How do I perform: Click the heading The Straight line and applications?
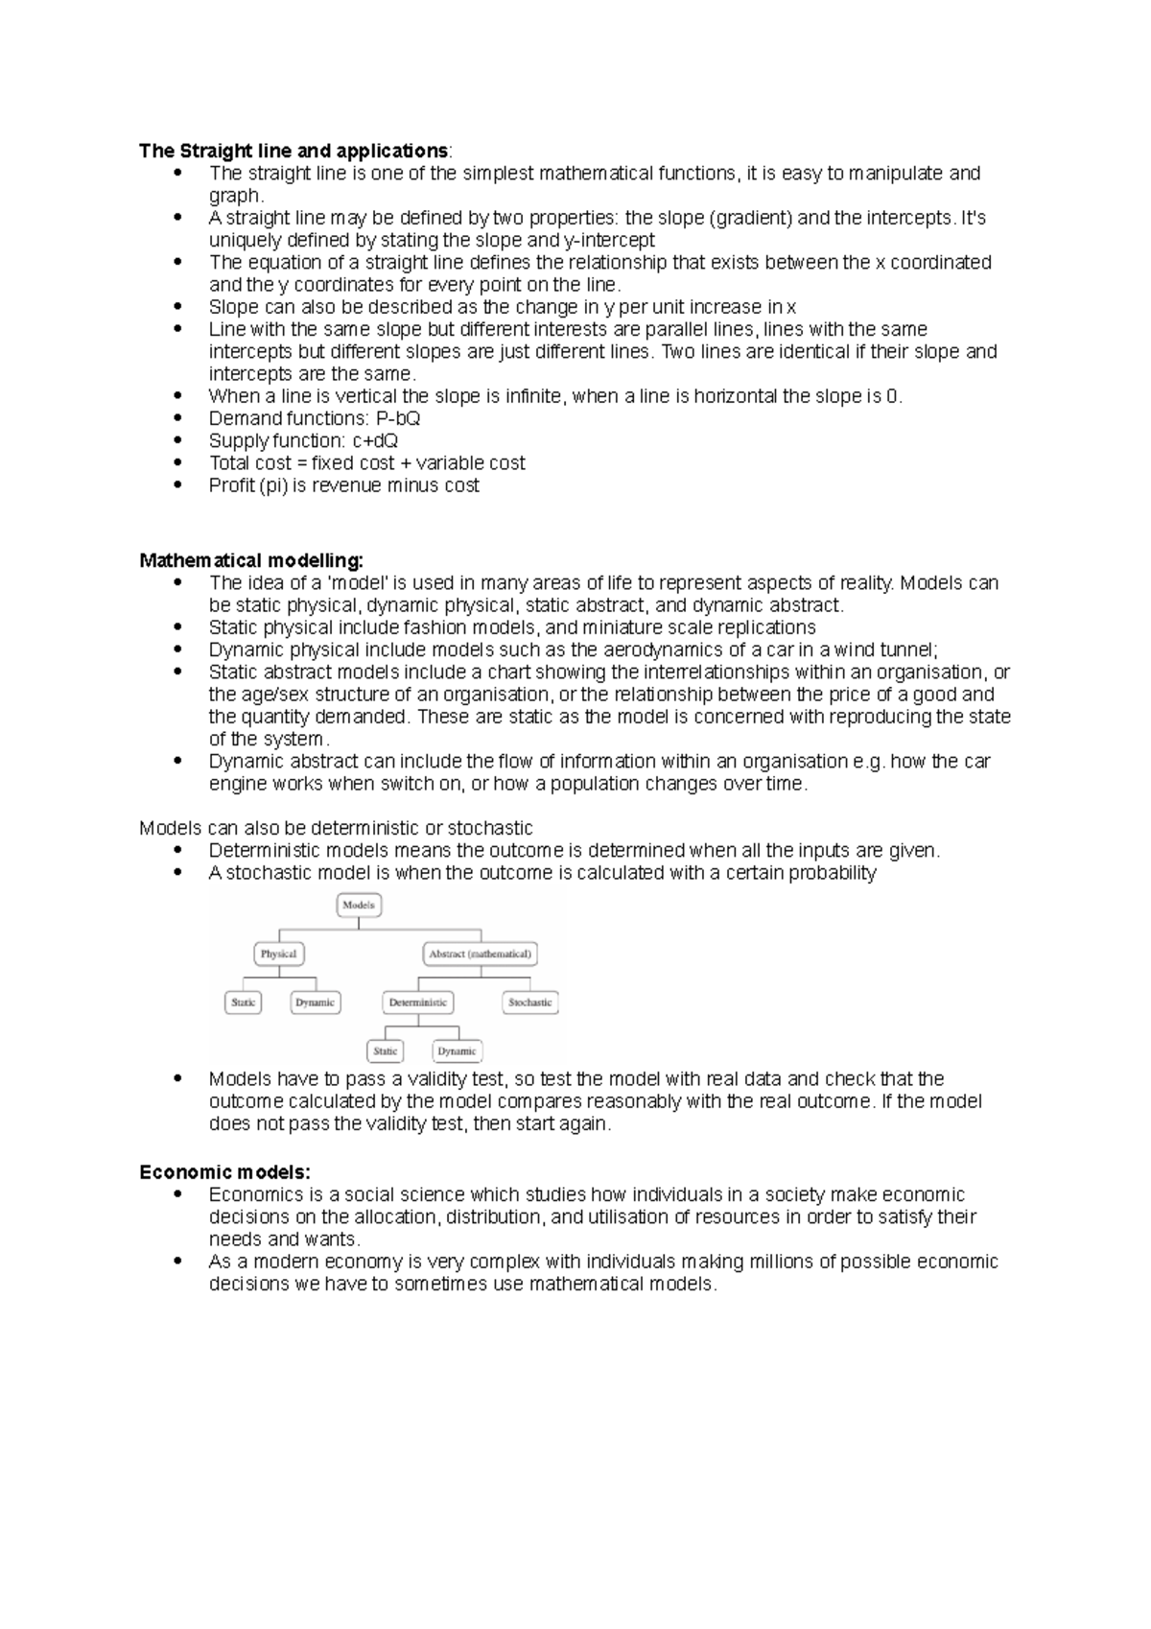point(293,152)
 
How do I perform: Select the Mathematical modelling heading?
point(250,560)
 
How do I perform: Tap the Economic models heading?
point(224,1172)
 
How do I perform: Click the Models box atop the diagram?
point(359,905)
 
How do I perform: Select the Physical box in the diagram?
point(278,954)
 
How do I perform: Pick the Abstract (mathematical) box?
point(480,954)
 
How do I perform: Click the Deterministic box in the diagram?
point(417,1003)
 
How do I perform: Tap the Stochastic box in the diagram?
point(529,1003)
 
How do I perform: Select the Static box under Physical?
point(243,1003)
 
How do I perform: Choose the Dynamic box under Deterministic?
point(457,1051)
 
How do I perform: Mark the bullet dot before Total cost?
point(177,462)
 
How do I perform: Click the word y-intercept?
point(610,241)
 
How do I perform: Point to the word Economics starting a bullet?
point(253,1195)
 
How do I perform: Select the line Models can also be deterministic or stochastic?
point(336,828)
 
